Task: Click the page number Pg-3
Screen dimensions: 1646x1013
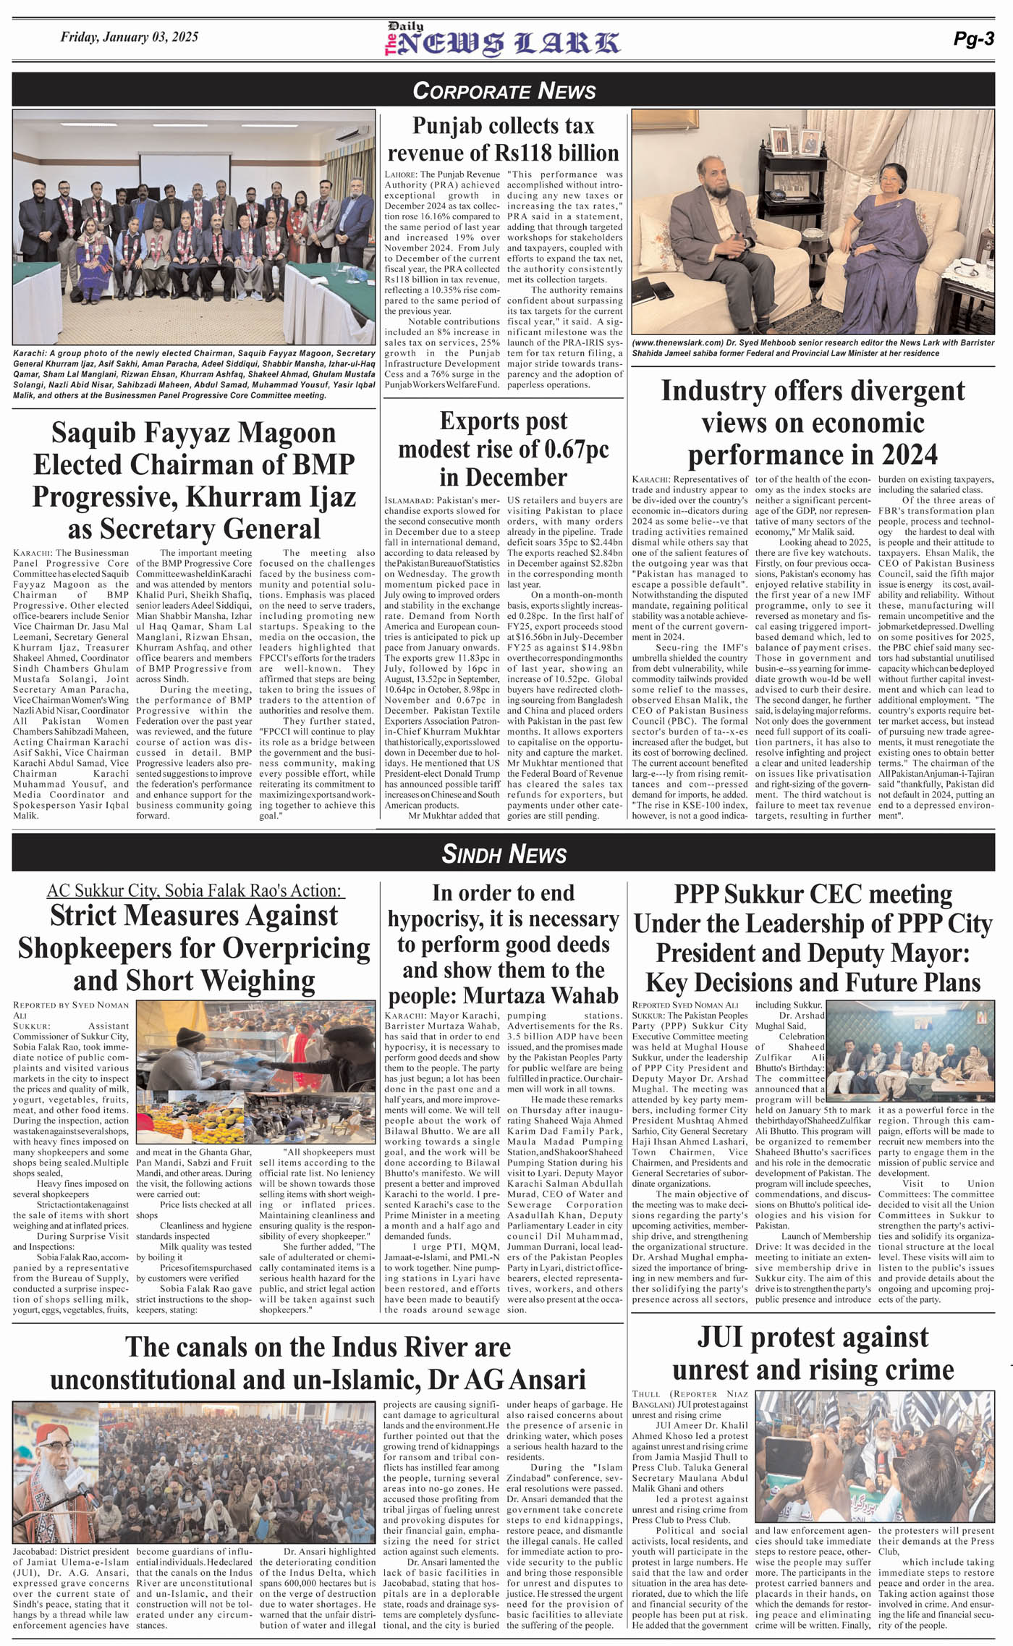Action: (x=973, y=39)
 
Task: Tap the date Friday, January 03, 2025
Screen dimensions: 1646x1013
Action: (x=129, y=37)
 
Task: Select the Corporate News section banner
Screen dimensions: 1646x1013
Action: (x=504, y=90)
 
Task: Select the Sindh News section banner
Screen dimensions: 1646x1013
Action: (x=504, y=853)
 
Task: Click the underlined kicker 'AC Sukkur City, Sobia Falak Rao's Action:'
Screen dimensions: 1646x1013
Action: (x=195, y=890)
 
